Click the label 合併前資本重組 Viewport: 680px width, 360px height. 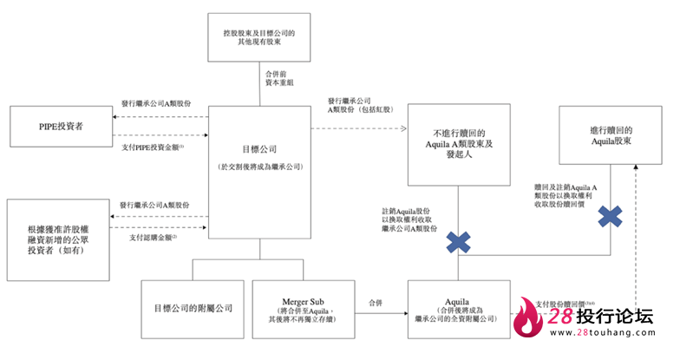281,82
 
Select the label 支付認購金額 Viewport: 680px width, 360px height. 153,236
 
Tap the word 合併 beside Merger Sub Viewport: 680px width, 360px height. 374,304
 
